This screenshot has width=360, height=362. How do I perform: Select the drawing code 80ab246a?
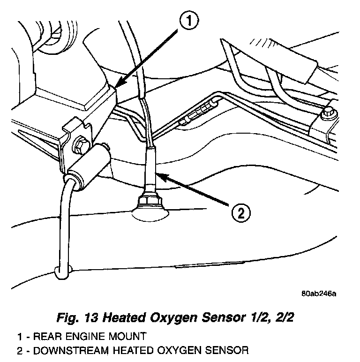[x=319, y=294]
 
